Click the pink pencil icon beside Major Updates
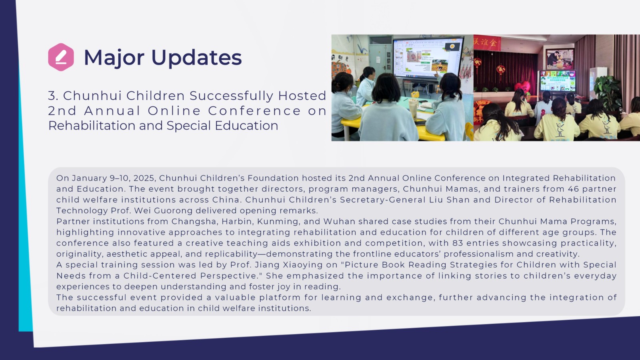(x=61, y=57)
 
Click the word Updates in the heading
(x=196, y=58)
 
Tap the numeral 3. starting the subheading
(x=53, y=96)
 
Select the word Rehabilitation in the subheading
(x=92, y=126)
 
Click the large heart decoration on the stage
(x=522, y=87)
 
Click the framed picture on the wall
(x=560, y=59)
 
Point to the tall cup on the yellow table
(x=413, y=109)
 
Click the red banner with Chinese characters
(x=487, y=43)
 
